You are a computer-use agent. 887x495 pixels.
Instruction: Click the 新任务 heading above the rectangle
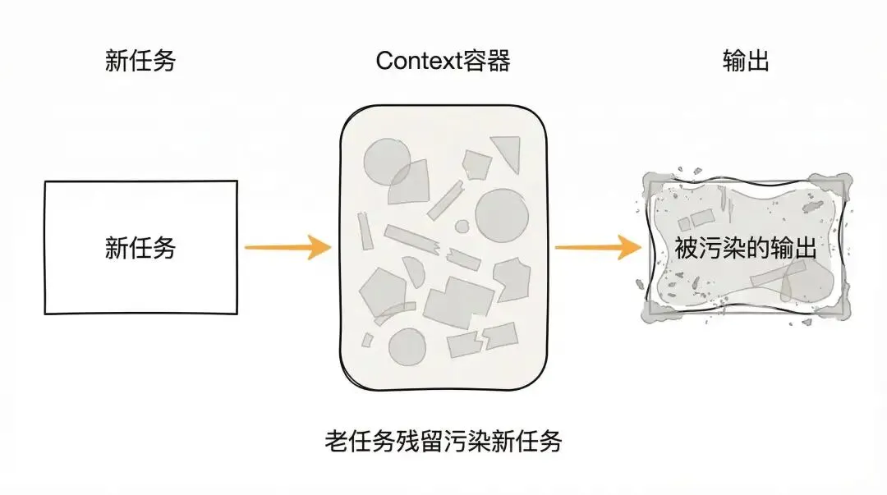(x=140, y=62)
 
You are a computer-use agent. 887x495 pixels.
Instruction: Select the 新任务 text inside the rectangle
(x=140, y=247)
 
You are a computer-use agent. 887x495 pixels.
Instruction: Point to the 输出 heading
(x=746, y=62)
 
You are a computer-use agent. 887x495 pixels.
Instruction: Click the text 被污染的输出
(x=746, y=248)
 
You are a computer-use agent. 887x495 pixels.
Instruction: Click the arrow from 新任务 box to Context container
(x=287, y=246)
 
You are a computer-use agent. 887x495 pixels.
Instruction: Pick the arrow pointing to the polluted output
(x=597, y=246)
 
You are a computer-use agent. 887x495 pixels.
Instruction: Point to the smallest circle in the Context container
(x=462, y=226)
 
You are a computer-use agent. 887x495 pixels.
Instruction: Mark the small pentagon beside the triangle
(x=476, y=163)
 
